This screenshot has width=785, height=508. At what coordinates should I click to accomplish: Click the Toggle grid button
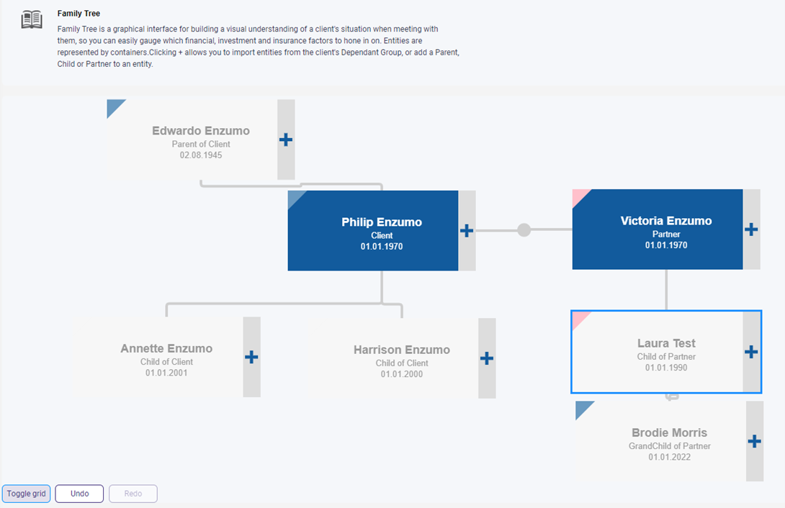click(26, 494)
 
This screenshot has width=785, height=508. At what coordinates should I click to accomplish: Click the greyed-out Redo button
click(133, 494)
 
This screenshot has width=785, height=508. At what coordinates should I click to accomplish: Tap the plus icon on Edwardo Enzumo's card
click(286, 140)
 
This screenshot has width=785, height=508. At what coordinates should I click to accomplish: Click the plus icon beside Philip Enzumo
click(467, 230)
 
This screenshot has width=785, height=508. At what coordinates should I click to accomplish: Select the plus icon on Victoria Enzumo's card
click(751, 230)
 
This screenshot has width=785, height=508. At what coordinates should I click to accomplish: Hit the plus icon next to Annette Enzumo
click(251, 357)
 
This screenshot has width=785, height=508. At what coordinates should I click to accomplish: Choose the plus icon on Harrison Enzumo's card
click(487, 358)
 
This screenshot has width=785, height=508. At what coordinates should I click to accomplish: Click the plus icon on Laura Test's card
click(751, 352)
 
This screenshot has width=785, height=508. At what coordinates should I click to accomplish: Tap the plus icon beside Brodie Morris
click(754, 441)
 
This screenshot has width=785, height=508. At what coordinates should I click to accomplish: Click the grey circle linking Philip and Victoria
click(524, 230)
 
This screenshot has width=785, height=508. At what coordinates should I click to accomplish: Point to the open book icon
click(32, 20)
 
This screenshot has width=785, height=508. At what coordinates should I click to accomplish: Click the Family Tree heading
click(79, 14)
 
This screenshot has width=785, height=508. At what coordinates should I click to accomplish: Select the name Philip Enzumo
click(382, 222)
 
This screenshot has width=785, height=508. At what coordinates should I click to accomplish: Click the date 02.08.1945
click(201, 155)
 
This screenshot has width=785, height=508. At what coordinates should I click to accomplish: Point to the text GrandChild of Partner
click(670, 446)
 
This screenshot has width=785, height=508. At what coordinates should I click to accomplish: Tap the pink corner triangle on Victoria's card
click(579, 196)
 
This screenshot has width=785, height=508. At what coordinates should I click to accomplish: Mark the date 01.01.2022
click(670, 457)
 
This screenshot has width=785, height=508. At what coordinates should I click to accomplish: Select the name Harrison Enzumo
click(402, 350)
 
